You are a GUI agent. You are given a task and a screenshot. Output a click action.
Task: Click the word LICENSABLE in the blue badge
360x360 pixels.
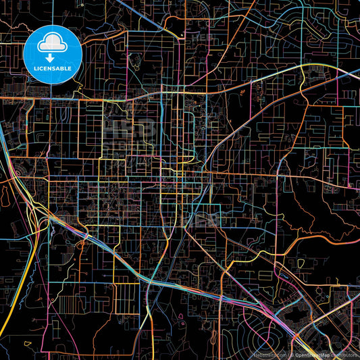(53, 69)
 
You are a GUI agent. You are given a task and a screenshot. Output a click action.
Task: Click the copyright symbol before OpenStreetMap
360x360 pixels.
(292, 354)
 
